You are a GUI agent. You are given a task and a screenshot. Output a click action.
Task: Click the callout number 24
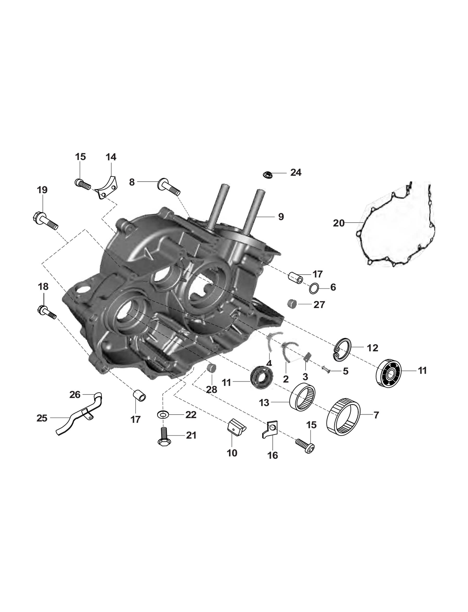click(x=296, y=172)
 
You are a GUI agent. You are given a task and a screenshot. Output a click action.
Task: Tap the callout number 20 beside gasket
click(x=339, y=223)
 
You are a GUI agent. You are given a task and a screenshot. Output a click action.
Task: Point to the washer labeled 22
click(x=162, y=415)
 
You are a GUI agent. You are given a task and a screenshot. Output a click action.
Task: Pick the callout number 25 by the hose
click(x=42, y=418)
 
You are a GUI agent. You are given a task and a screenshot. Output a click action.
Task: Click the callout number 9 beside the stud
click(x=281, y=217)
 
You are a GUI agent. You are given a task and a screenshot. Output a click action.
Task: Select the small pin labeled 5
click(x=326, y=369)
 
